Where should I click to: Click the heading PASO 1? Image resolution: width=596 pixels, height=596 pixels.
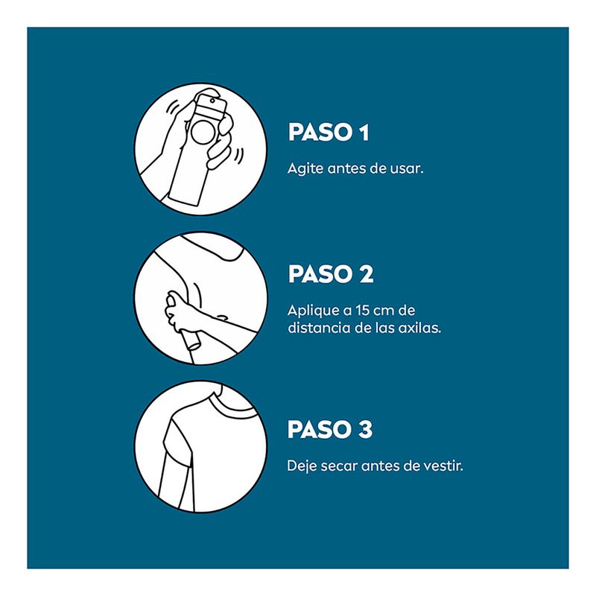[x=329, y=133]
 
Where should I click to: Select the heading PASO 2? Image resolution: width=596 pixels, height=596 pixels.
[x=331, y=273]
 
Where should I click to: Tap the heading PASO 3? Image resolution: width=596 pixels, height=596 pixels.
[x=330, y=430]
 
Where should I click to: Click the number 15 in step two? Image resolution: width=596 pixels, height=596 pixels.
[x=362, y=310]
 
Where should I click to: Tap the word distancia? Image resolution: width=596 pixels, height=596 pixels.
[x=319, y=328]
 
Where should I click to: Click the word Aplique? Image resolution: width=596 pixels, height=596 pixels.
[x=313, y=311]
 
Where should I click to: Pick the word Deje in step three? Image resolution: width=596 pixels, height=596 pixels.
[x=301, y=466]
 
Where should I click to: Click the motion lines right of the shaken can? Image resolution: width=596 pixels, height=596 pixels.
[x=239, y=155]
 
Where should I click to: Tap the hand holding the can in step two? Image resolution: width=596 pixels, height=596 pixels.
[x=179, y=311]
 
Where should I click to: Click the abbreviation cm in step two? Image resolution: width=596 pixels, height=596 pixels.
[x=384, y=311]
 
